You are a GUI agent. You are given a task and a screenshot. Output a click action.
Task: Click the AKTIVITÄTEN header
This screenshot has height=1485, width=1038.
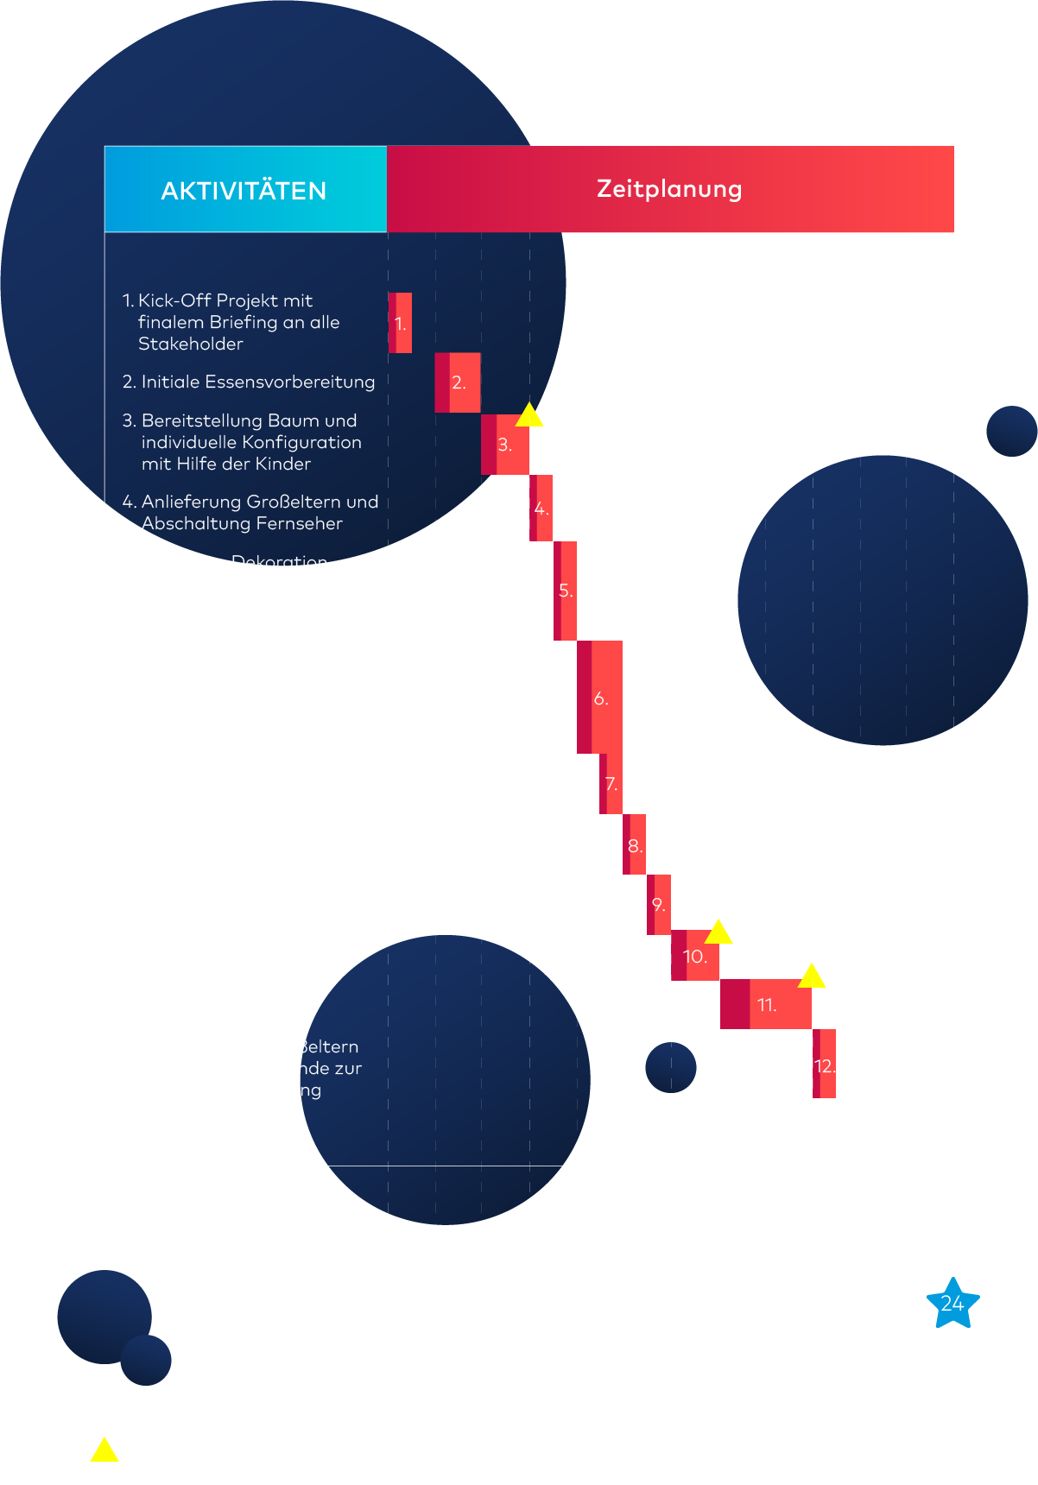click(244, 190)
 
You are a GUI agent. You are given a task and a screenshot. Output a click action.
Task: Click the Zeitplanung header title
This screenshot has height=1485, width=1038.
click(669, 188)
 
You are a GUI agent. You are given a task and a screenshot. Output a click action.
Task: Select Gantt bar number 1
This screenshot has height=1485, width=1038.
click(400, 323)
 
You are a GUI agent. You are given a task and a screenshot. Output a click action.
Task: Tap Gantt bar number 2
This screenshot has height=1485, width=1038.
click(458, 382)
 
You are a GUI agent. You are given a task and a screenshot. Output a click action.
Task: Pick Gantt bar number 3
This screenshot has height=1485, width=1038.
click(505, 445)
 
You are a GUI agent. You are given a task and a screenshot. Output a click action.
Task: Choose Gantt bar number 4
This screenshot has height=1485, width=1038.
click(541, 509)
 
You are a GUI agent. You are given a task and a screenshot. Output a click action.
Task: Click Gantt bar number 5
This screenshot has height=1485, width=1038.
click(566, 591)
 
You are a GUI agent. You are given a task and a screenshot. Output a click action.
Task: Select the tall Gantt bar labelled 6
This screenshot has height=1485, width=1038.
click(600, 698)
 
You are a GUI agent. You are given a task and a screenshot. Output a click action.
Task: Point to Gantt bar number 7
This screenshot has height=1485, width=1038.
click(611, 784)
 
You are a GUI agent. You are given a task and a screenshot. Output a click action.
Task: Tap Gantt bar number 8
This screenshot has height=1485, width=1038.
click(635, 845)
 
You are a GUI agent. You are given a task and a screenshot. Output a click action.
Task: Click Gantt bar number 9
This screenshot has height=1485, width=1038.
click(659, 905)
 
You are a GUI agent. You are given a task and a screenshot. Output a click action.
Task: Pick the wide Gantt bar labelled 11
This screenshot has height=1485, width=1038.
click(766, 1004)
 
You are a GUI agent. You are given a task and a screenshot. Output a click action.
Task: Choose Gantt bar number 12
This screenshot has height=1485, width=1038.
click(825, 1065)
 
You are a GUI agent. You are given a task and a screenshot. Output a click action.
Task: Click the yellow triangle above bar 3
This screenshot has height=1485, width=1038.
click(529, 416)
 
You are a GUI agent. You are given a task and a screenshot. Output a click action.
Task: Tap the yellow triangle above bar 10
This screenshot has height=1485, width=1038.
click(718, 933)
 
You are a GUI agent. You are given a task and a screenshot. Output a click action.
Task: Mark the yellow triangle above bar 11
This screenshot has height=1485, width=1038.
click(812, 977)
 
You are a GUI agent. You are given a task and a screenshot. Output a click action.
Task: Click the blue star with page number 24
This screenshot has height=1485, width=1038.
click(953, 1304)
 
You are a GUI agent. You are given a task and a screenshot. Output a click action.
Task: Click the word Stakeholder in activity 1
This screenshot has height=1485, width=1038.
click(191, 344)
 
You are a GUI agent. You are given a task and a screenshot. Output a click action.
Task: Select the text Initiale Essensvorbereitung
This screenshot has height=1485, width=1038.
click(257, 382)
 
